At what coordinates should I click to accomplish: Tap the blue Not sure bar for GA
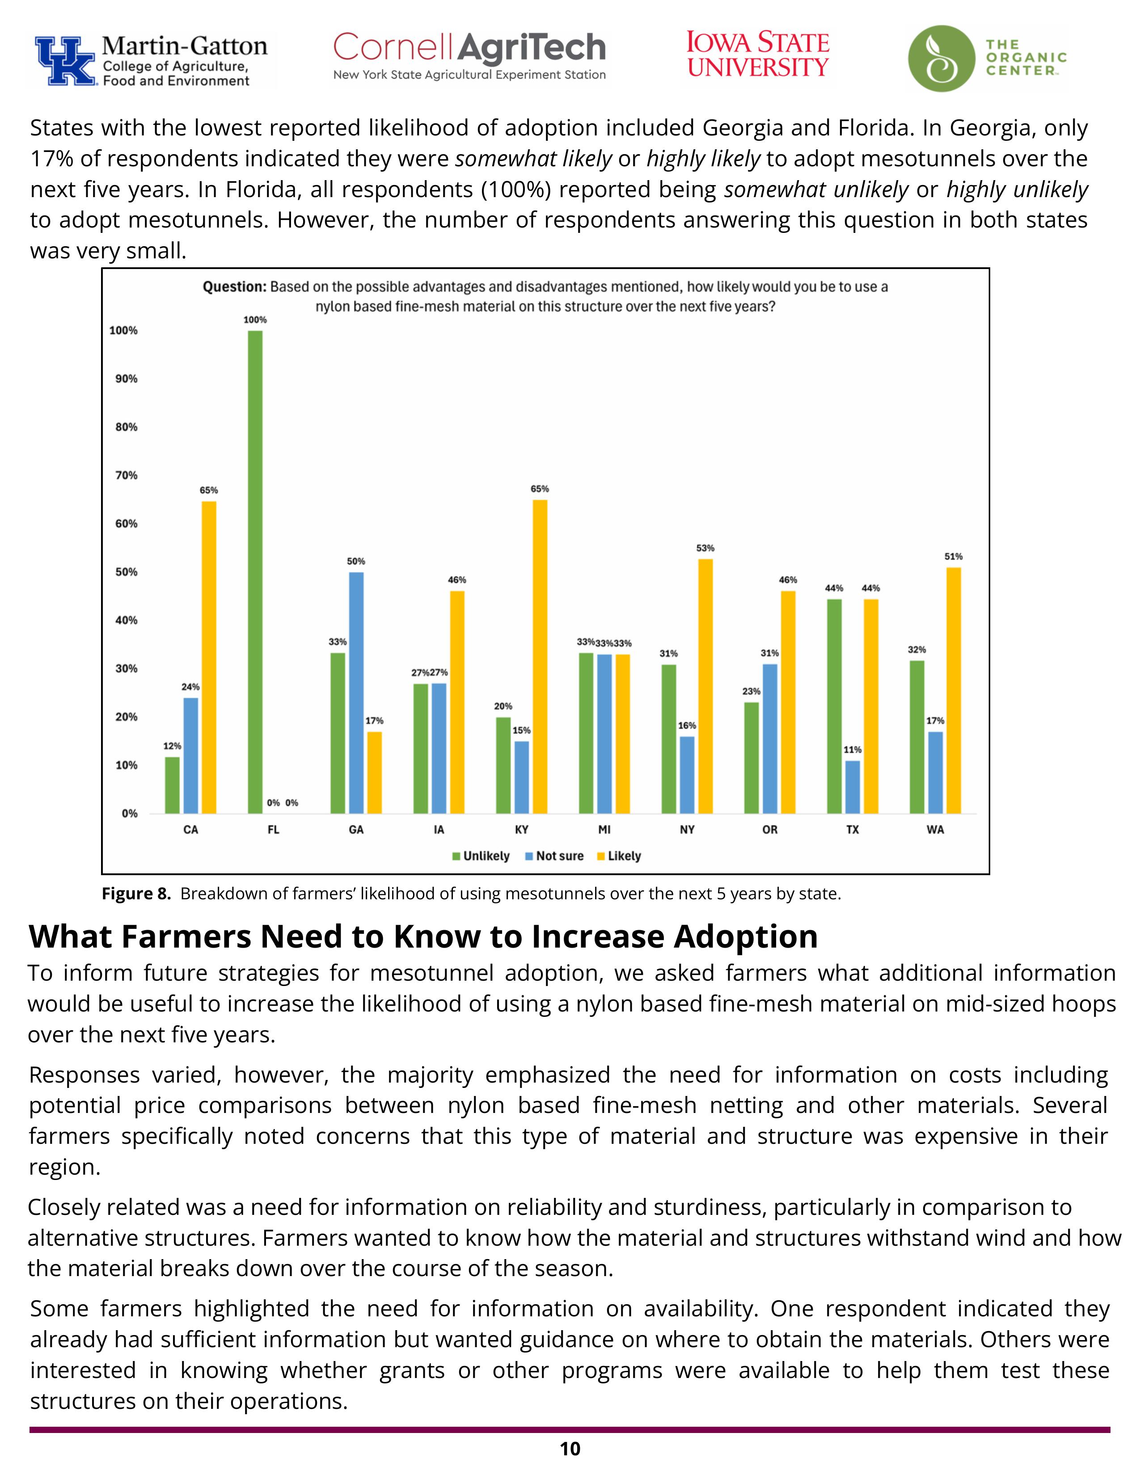coord(356,692)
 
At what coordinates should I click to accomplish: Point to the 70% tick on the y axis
coord(126,476)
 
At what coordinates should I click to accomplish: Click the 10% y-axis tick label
coord(126,765)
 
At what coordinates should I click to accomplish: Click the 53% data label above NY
coord(705,548)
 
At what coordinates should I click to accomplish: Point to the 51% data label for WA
coord(954,556)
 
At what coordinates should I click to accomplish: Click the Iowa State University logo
coord(758,55)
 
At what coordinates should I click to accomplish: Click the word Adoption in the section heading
coord(746,937)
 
